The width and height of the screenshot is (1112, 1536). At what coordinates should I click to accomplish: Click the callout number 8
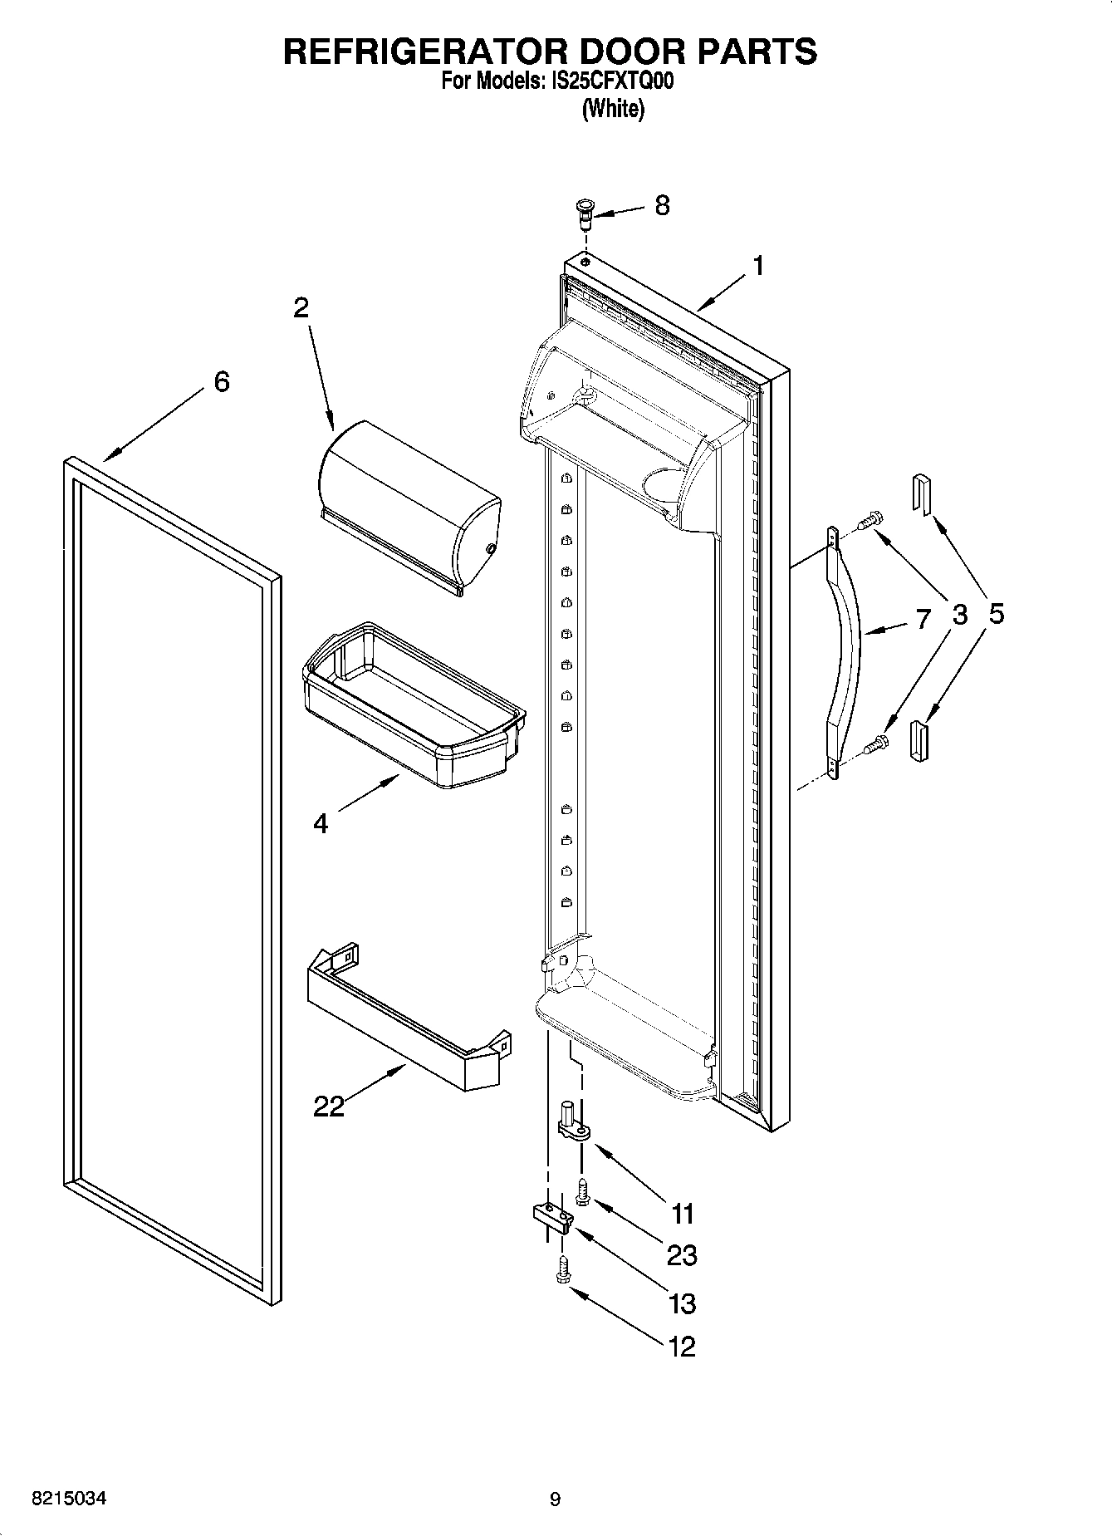662,205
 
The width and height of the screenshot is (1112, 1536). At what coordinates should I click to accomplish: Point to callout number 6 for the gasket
221,381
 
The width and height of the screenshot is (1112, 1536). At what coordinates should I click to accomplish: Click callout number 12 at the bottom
682,1346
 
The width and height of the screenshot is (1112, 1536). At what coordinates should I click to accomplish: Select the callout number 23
682,1254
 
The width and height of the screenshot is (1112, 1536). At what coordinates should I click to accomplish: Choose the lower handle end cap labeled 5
919,741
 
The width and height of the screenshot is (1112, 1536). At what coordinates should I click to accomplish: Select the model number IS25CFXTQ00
611,81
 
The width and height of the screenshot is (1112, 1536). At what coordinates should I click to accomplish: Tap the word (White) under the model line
612,108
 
